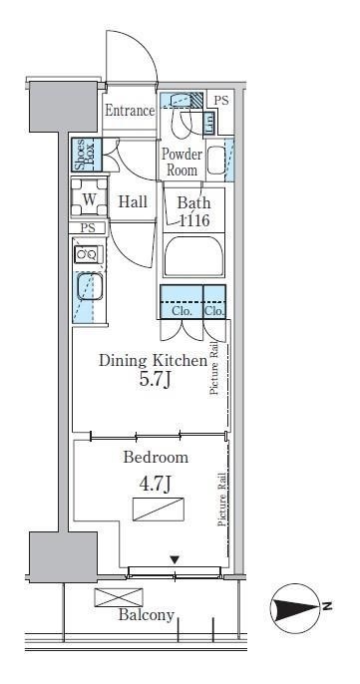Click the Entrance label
coord(130,111)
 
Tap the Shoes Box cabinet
coord(87,155)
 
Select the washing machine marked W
coord(89,197)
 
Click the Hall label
coord(133,202)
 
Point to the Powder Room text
coord(181,162)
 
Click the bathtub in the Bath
coord(193,256)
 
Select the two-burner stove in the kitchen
coord(89,254)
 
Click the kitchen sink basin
coord(90,286)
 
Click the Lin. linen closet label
coord(209,124)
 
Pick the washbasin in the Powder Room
coord(215,161)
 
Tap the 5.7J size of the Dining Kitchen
coord(154,380)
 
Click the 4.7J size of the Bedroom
coord(154,484)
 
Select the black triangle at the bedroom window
coord(175,559)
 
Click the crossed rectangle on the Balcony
coord(119,597)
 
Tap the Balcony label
coord(147,615)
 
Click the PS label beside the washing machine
coord(88,228)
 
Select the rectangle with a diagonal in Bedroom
coord(159,510)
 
